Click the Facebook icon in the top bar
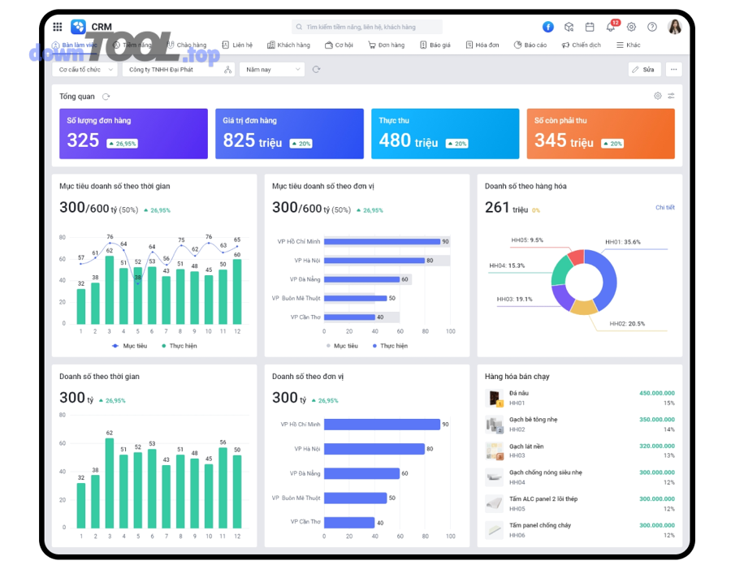coord(548,27)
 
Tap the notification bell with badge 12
coord(611,27)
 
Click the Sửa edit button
coord(644,70)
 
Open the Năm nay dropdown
coord(271,70)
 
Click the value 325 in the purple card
coord(83,140)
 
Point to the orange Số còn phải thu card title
coord(561,121)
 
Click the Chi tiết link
coord(664,208)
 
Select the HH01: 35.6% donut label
coord(623,242)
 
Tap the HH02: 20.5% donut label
coord(627,324)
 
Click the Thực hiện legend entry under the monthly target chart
coord(179,346)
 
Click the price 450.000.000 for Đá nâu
coord(656,394)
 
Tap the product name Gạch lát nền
coord(526,446)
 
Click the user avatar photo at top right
coord(674,27)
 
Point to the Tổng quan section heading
coord(77,97)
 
